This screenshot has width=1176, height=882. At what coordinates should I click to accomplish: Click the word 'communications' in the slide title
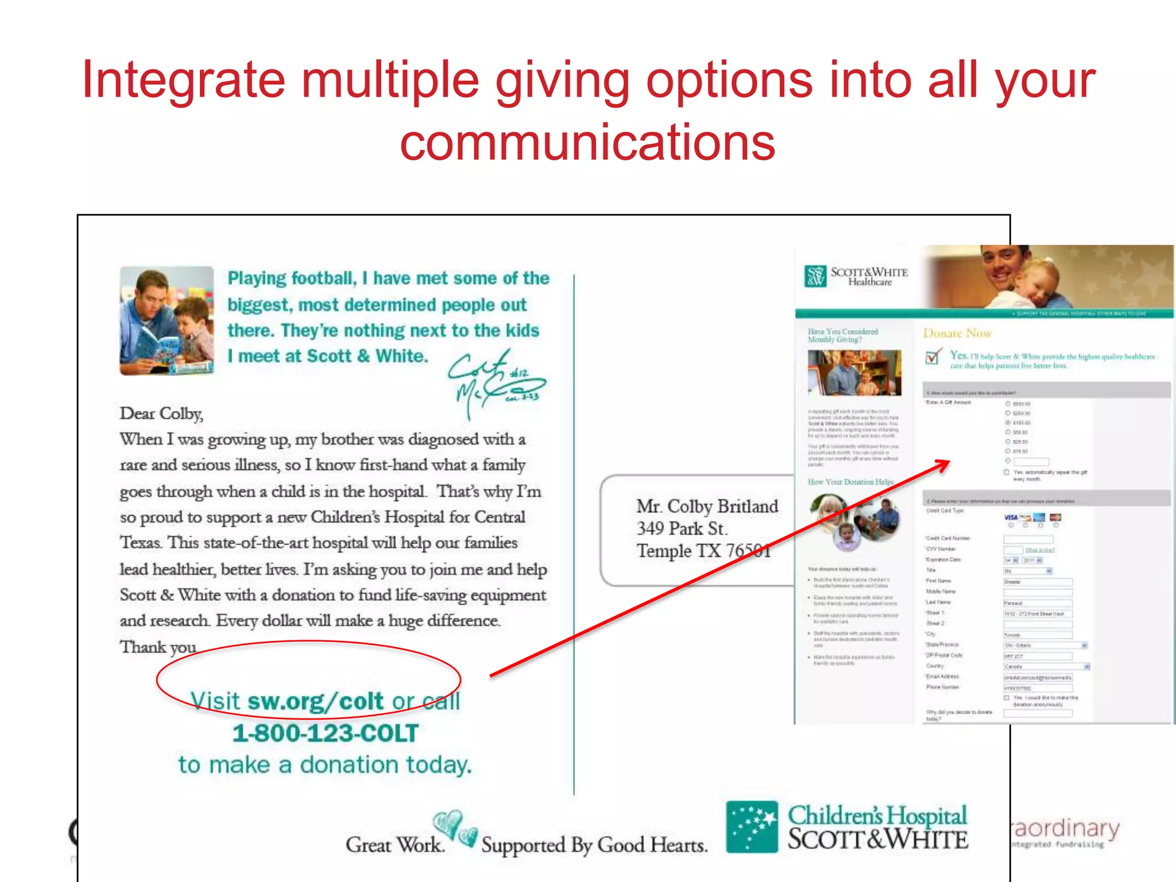pos(587,142)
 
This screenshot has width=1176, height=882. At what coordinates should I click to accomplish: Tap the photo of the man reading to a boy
pos(167,320)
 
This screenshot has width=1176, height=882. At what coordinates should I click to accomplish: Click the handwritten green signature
pos(495,382)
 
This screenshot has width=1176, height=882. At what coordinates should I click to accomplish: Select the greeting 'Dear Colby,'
pos(161,413)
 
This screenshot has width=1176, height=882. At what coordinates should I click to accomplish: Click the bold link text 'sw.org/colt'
pos(315,701)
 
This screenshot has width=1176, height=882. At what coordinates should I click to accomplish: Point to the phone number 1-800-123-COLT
pos(326,733)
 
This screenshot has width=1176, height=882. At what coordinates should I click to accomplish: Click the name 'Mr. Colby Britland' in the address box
pos(707,506)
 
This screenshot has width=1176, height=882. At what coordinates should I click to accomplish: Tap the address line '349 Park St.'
pos(682,528)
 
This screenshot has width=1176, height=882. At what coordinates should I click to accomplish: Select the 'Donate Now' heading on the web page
pos(957,333)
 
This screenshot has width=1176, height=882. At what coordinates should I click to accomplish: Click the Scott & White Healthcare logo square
pos(815,276)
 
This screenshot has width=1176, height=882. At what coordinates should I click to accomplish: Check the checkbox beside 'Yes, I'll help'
pos(933,357)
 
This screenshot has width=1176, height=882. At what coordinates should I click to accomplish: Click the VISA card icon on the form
pos(1011,517)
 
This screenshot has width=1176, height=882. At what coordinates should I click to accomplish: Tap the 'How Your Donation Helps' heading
pos(850,482)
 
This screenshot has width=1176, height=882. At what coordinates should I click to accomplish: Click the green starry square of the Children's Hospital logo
pos(752,826)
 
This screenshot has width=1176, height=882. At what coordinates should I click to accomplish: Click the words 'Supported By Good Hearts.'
pos(594,845)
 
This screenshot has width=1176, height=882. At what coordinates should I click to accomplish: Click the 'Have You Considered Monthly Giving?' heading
pos(843,335)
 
